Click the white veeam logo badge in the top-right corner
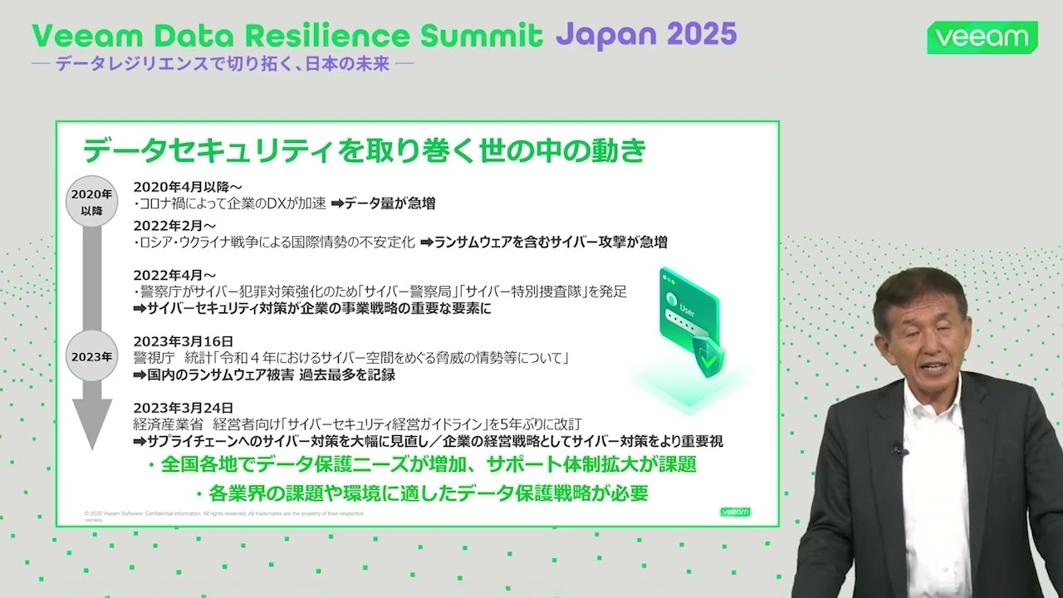click(x=982, y=38)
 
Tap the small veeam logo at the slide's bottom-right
click(x=735, y=512)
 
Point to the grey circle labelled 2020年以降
click(x=91, y=202)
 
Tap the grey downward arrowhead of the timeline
click(x=91, y=424)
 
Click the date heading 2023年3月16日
click(x=184, y=341)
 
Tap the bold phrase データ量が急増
click(x=390, y=203)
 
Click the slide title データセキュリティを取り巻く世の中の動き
click(x=364, y=151)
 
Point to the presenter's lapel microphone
click(x=898, y=449)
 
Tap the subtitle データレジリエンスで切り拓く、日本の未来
click(x=223, y=64)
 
